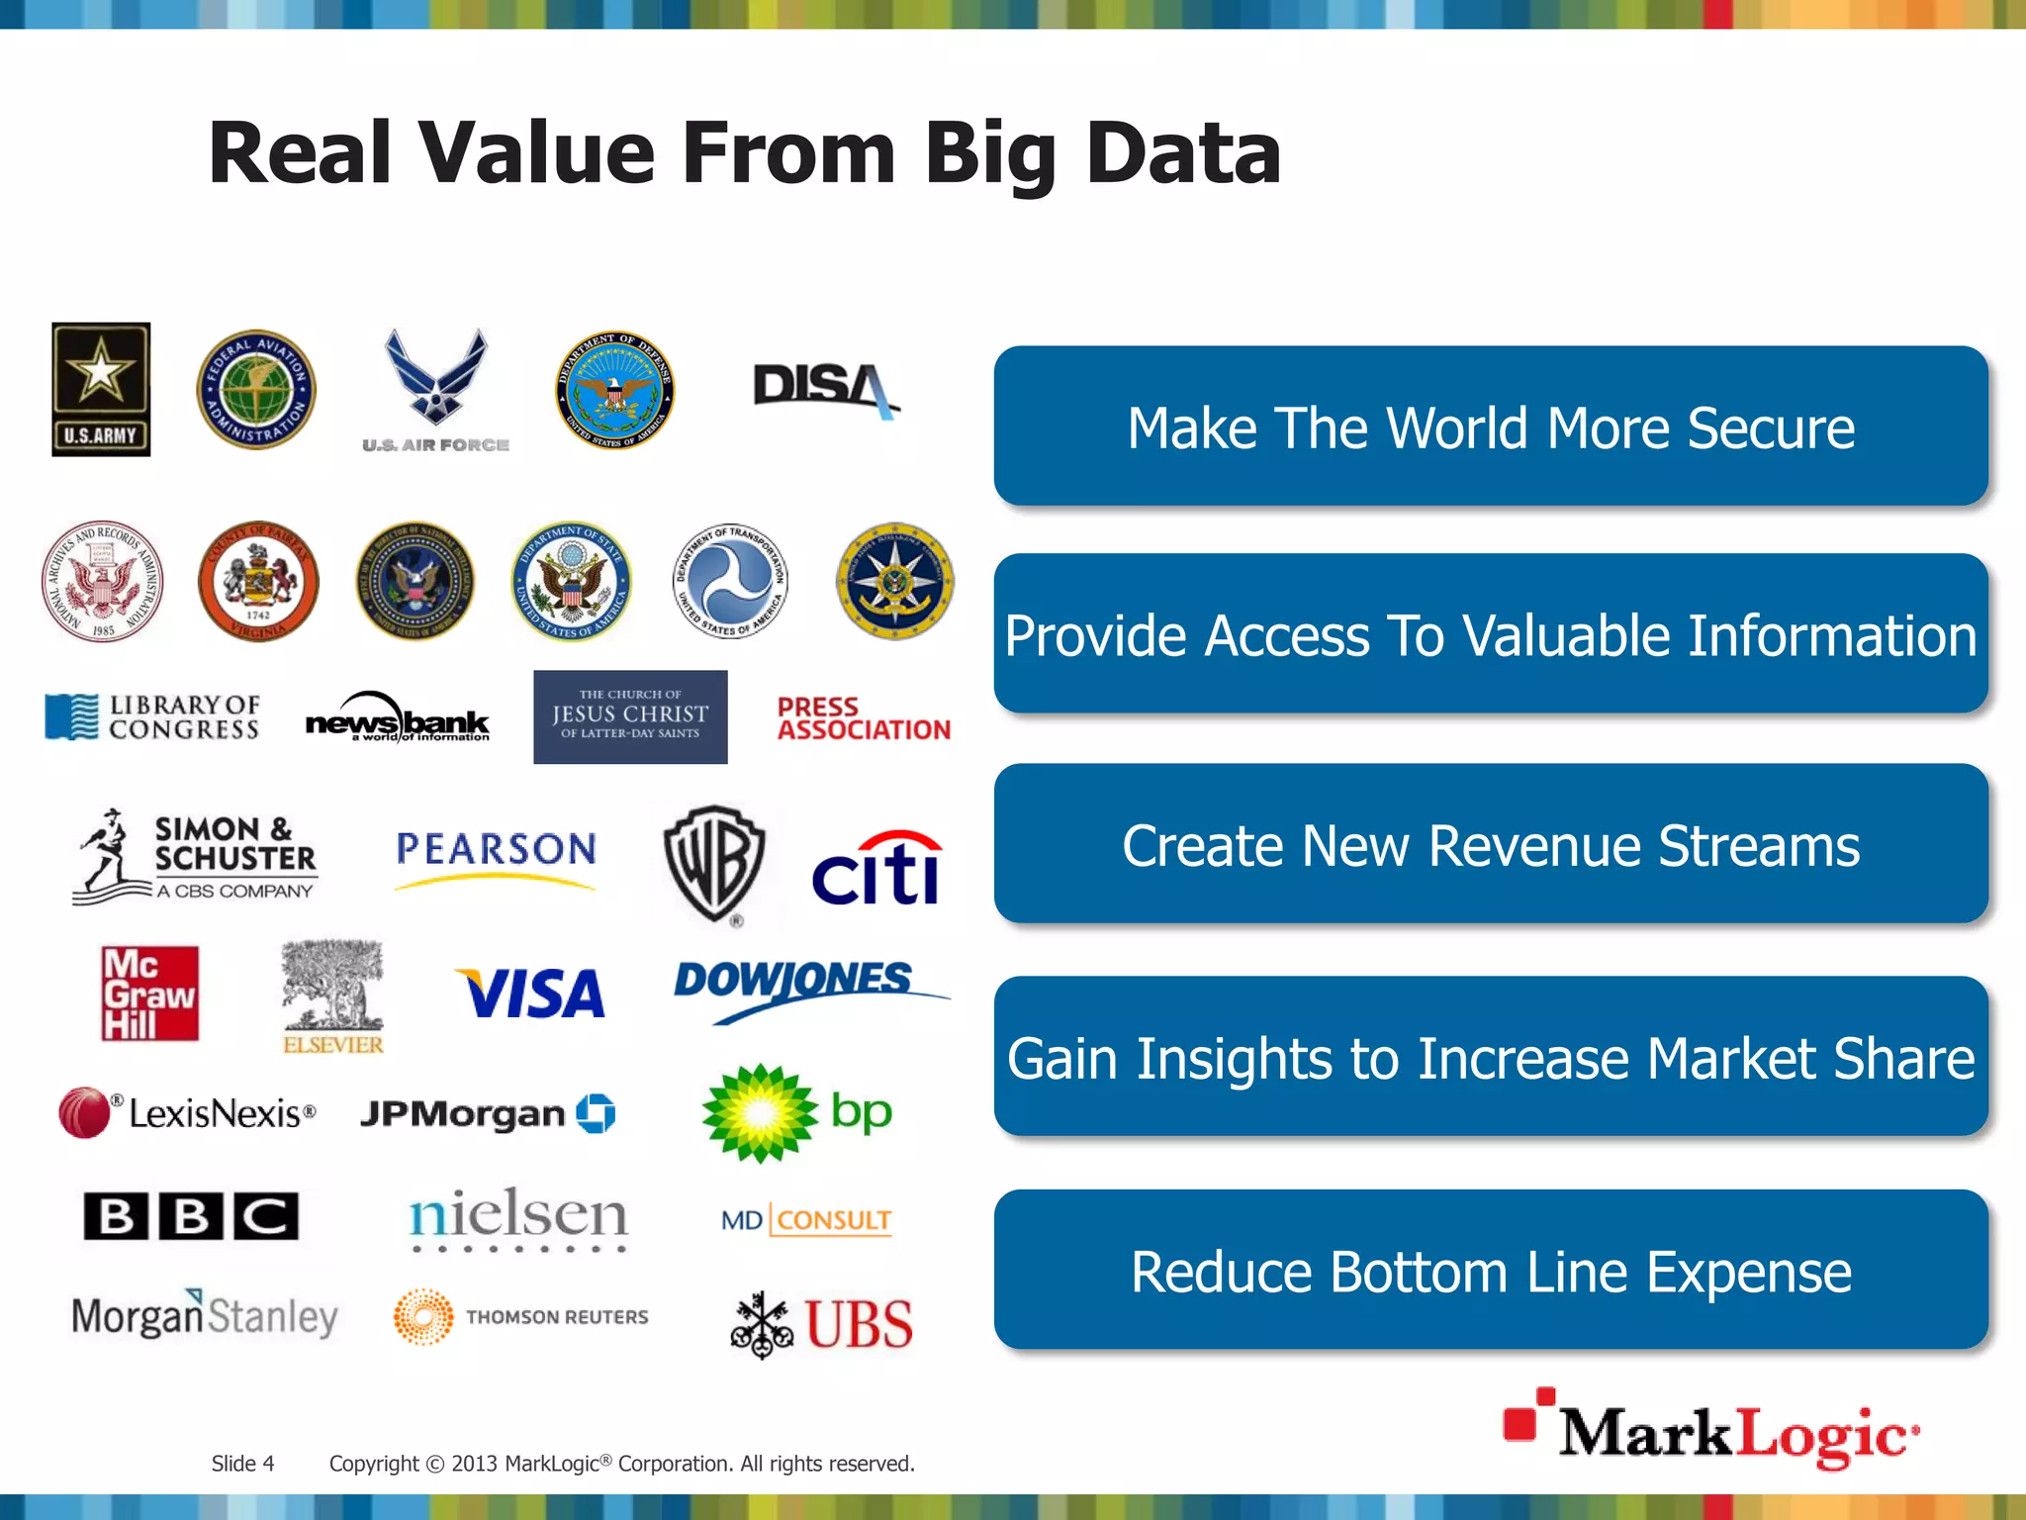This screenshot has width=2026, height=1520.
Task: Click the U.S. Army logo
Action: (x=101, y=389)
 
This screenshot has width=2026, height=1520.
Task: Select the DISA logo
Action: (x=824, y=388)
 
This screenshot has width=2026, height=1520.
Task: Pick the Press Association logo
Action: (x=863, y=719)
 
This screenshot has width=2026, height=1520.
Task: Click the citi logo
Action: (x=876, y=869)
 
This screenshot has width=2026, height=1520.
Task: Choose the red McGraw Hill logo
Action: (x=150, y=994)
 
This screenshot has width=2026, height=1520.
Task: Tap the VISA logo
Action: (x=531, y=994)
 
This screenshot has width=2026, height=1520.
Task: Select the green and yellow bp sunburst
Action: (x=760, y=1113)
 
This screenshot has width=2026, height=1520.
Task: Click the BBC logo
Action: (x=191, y=1216)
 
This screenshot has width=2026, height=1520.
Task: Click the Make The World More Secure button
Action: (x=1491, y=427)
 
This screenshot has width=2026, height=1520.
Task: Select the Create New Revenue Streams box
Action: (x=1491, y=845)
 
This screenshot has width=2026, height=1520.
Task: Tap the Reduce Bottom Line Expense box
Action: (x=1491, y=1271)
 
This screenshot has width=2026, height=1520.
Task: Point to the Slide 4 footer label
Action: (x=242, y=1464)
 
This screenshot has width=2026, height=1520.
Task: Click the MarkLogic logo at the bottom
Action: (x=1710, y=1430)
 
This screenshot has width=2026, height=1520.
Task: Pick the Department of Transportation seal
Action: (x=731, y=582)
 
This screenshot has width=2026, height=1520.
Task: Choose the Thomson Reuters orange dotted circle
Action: (x=423, y=1317)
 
